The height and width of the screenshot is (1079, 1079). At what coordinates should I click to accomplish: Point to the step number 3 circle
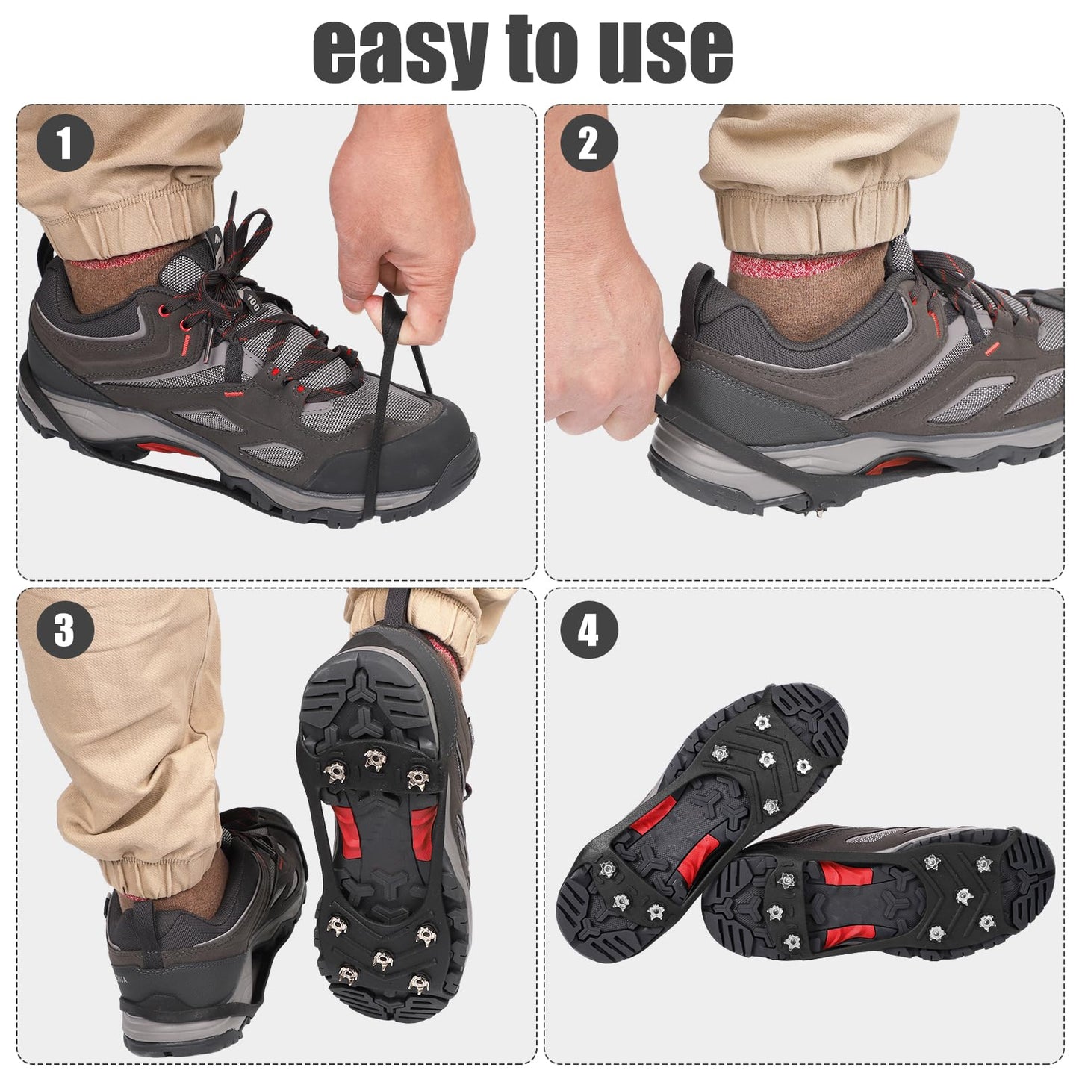(x=66, y=630)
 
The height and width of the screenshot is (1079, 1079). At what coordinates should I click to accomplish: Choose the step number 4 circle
(x=589, y=630)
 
